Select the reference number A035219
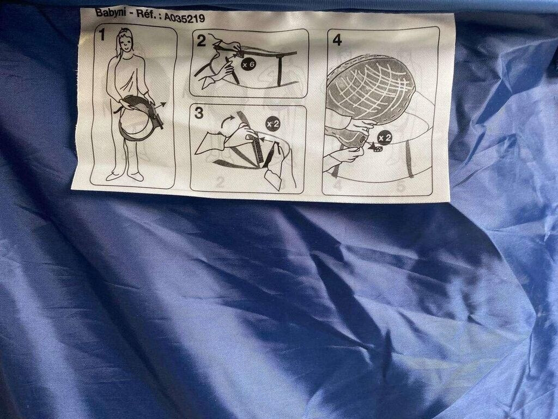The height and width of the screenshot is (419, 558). click(184, 17)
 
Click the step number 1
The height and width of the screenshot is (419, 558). click(102, 35)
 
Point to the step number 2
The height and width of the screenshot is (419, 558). click(202, 41)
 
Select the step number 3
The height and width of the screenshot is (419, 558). click(199, 113)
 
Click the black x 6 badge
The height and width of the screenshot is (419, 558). click(248, 64)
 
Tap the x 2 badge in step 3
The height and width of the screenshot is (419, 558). click(273, 124)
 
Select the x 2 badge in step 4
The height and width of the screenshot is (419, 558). click(385, 137)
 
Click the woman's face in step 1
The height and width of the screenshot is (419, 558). click(125, 44)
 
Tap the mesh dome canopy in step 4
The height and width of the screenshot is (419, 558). click(370, 89)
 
